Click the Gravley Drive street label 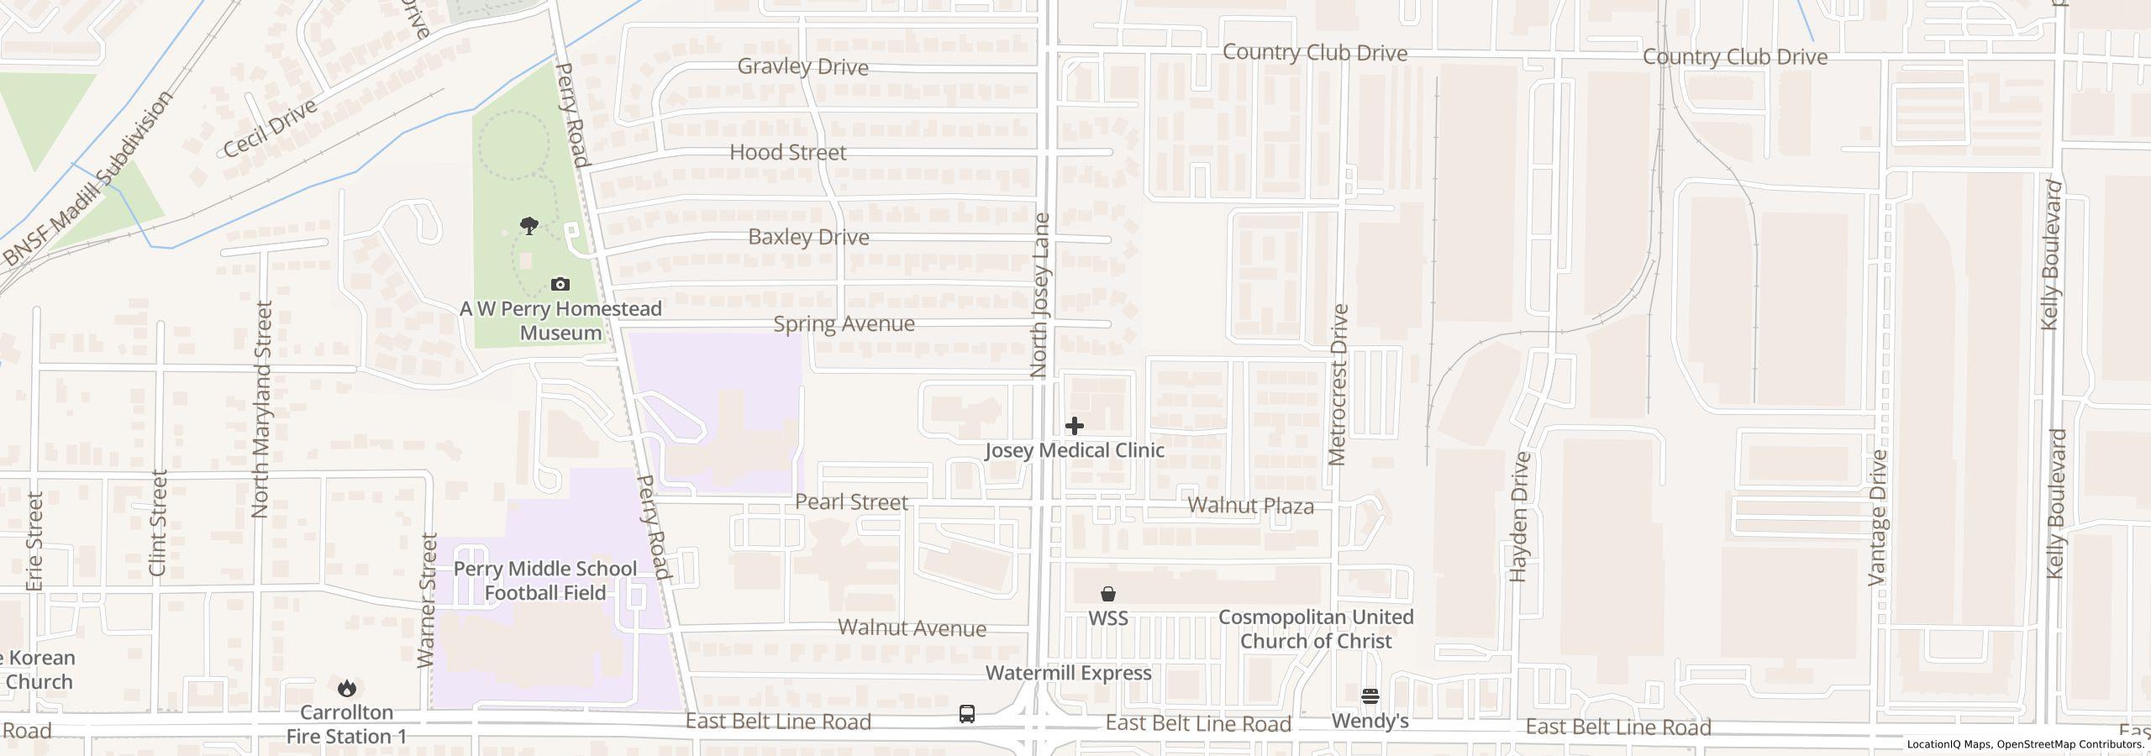pyautogui.click(x=802, y=67)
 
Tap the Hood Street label pyautogui.click(x=787, y=153)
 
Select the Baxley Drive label pyautogui.click(x=808, y=238)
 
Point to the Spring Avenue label pyautogui.click(x=844, y=324)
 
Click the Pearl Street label pyautogui.click(x=851, y=502)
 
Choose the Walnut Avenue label pyautogui.click(x=912, y=628)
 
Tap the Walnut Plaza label pyautogui.click(x=1250, y=506)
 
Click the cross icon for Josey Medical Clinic pyautogui.click(x=1074, y=426)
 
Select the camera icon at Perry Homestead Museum pyautogui.click(x=560, y=285)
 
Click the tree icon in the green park pyautogui.click(x=529, y=225)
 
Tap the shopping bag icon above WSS pyautogui.click(x=1108, y=594)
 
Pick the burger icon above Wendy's pyautogui.click(x=1370, y=696)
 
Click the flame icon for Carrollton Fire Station pyautogui.click(x=346, y=689)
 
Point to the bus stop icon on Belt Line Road pyautogui.click(x=967, y=715)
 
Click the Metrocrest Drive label pyautogui.click(x=1338, y=385)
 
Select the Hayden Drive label pyautogui.click(x=1520, y=517)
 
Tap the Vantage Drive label pyautogui.click(x=1878, y=517)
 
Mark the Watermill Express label pyautogui.click(x=1068, y=673)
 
